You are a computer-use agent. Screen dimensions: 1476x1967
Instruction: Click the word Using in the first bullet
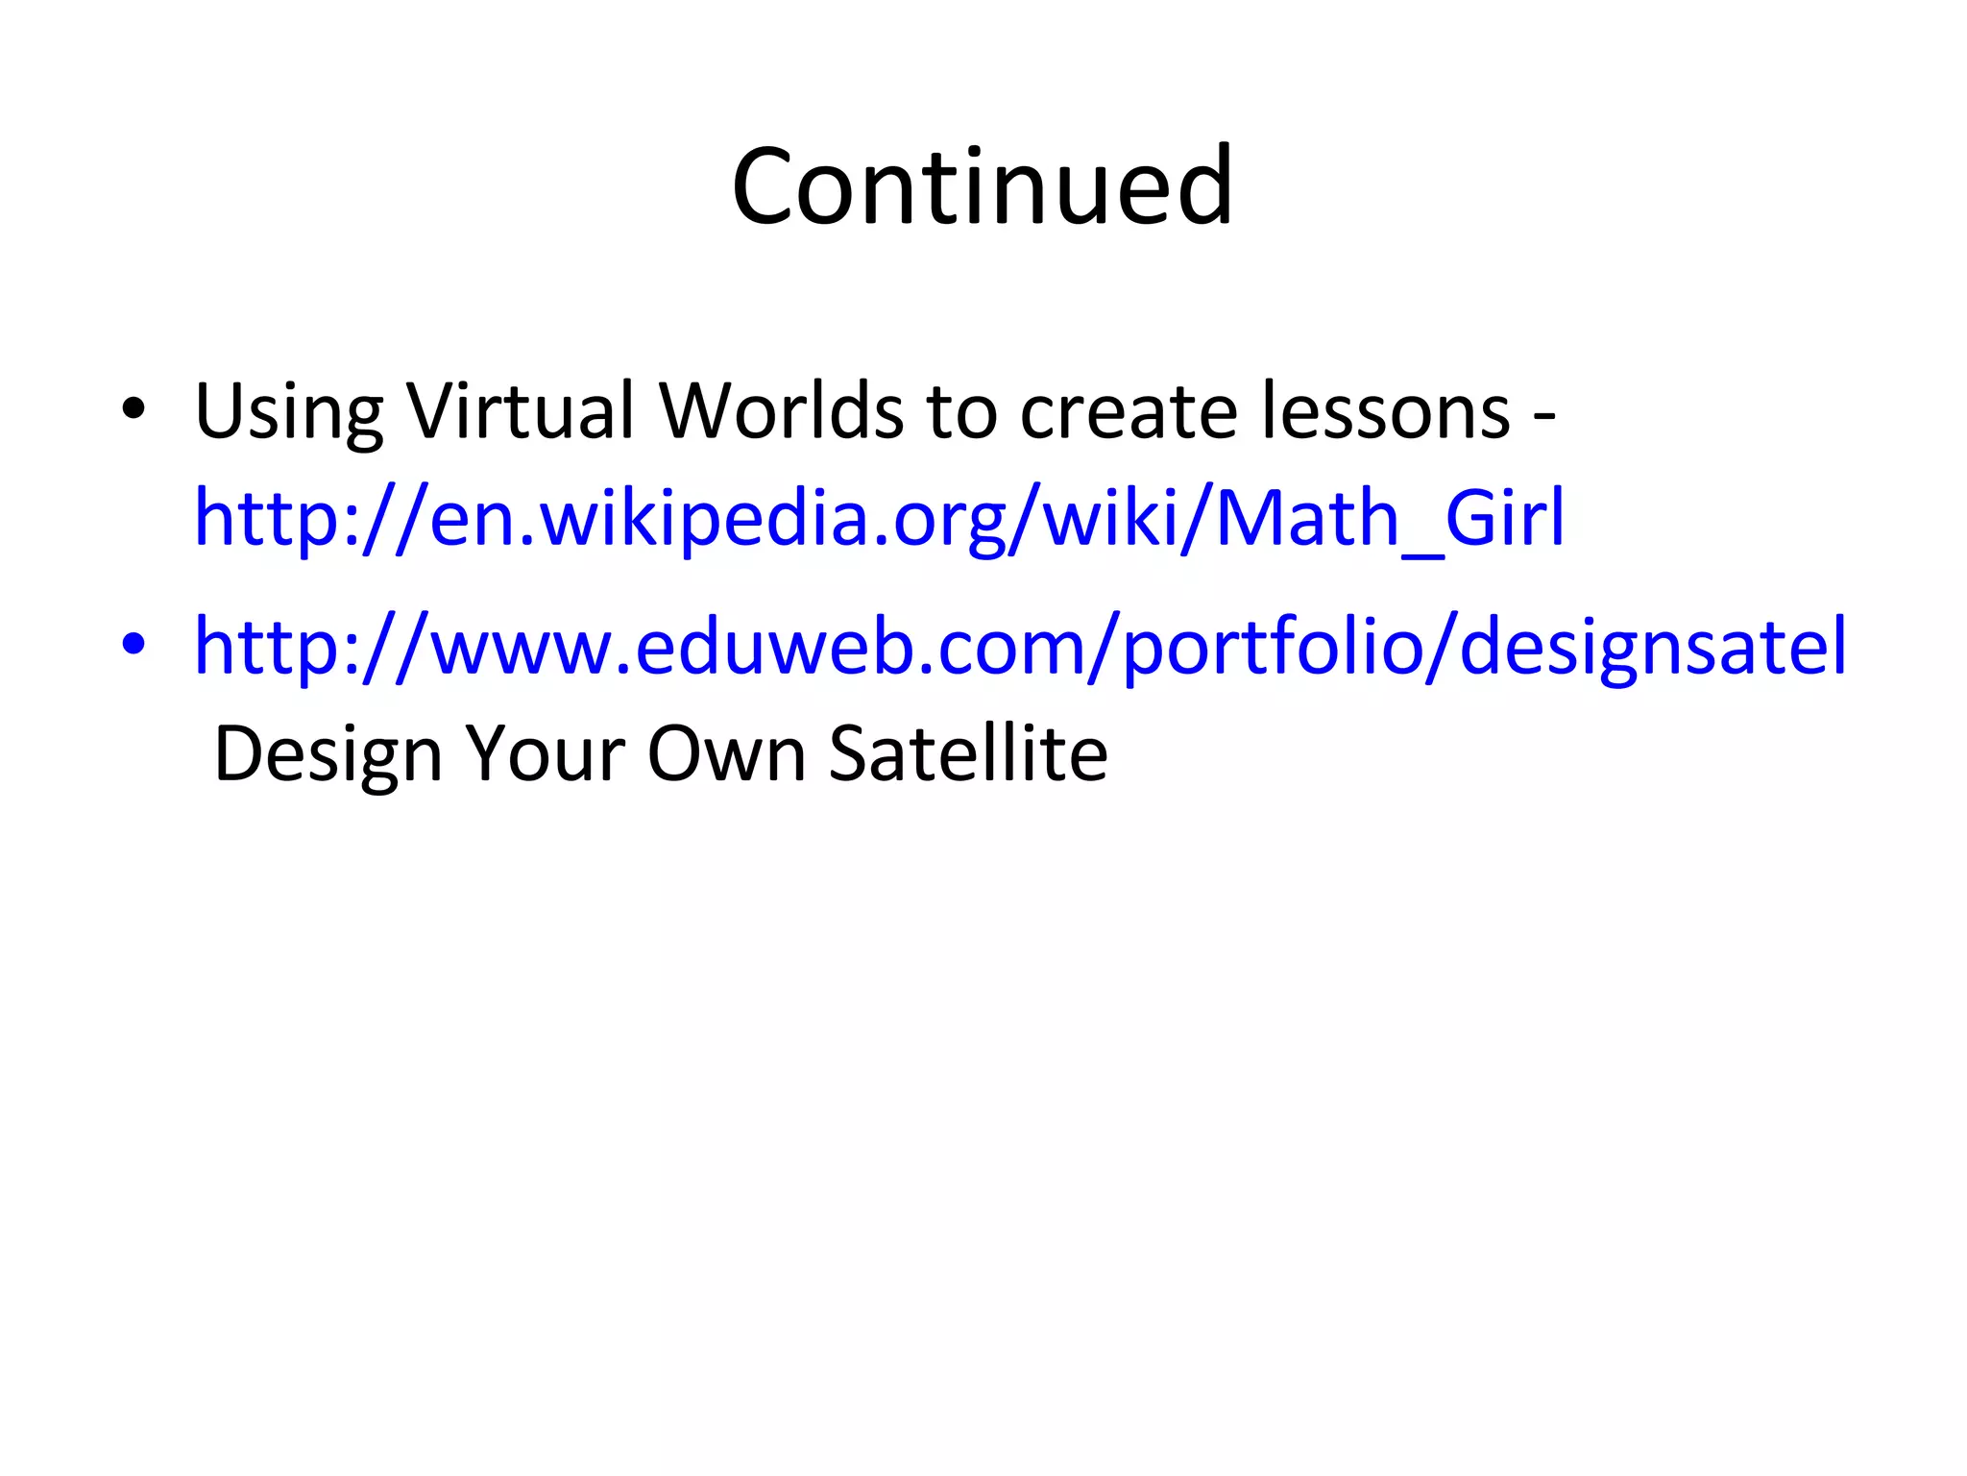pos(288,411)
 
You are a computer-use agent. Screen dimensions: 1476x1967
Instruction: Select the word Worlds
pos(780,411)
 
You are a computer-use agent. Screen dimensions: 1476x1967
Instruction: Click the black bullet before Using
pos(134,411)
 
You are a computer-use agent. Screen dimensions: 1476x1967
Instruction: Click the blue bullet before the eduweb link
pos(134,646)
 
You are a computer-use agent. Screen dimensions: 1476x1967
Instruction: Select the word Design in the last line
pos(328,755)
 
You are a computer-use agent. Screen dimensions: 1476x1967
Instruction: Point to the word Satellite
pos(967,755)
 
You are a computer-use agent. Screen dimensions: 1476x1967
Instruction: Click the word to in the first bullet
pos(961,411)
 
